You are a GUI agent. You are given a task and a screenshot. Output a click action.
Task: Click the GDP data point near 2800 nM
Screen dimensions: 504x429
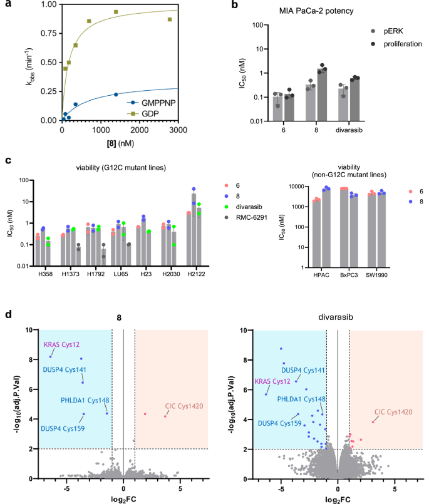click(x=169, y=19)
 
